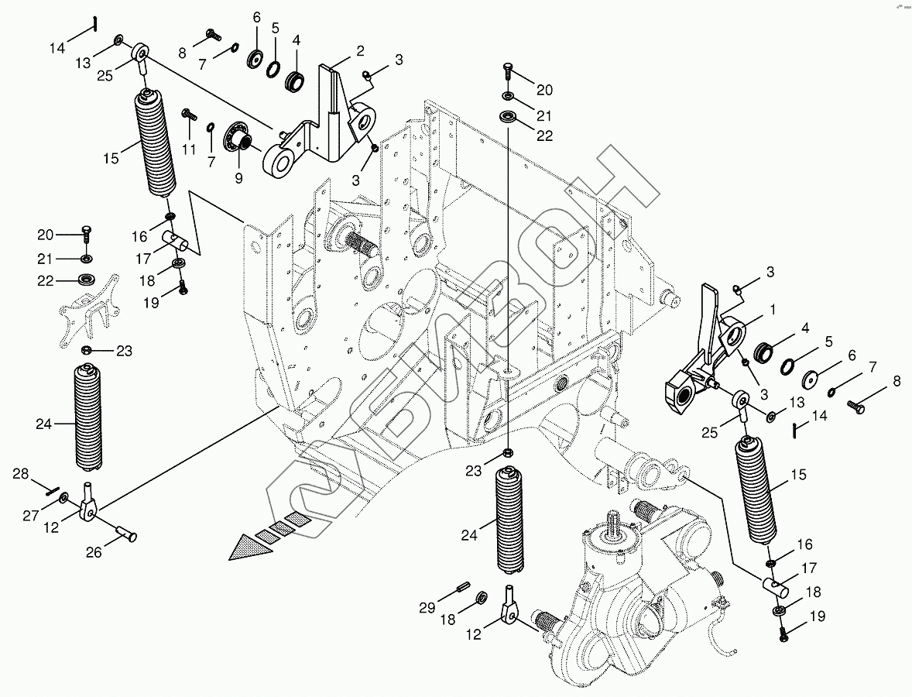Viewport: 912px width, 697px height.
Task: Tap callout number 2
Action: tap(360, 51)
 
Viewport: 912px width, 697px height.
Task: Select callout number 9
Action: tap(238, 178)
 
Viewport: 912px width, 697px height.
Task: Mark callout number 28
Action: tap(20, 473)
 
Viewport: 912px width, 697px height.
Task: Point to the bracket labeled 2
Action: tap(329, 116)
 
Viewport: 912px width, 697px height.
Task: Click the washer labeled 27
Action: tap(63, 496)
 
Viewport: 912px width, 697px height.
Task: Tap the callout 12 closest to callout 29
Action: tap(474, 634)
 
